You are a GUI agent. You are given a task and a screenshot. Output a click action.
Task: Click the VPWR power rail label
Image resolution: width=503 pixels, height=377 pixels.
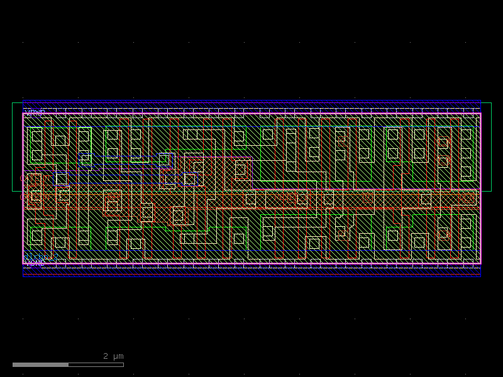tap(35, 112)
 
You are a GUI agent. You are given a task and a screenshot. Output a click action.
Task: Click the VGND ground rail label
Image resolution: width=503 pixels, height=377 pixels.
tap(35, 263)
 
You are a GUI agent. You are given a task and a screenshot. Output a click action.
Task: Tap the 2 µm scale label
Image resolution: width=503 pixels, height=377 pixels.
tap(113, 356)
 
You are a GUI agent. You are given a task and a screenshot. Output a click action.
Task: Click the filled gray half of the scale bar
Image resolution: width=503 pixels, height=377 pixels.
tap(40, 364)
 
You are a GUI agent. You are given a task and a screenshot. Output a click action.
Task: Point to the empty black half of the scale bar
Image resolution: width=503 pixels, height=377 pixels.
tap(96, 364)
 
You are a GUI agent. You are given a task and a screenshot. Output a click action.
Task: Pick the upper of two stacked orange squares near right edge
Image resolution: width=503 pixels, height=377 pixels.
tap(443, 143)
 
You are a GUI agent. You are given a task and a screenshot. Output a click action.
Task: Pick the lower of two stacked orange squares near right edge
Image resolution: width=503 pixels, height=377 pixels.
tap(443, 161)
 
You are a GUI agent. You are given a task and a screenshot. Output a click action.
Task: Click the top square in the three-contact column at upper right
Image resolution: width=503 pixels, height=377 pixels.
tap(466, 134)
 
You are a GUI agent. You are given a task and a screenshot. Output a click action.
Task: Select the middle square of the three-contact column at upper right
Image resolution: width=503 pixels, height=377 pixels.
tap(466, 153)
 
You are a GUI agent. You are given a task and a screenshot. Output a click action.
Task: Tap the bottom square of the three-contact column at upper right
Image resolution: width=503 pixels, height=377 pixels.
tap(466, 171)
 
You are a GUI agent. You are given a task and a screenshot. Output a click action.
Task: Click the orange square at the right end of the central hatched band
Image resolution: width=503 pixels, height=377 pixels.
tap(466, 198)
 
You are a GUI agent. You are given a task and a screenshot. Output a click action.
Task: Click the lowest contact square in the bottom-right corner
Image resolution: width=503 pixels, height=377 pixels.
tap(466, 242)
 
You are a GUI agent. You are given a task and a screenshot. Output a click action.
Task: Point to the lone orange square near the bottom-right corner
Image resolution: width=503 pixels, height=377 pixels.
tap(443, 232)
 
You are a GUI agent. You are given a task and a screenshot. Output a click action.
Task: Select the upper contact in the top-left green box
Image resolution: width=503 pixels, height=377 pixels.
tap(36, 136)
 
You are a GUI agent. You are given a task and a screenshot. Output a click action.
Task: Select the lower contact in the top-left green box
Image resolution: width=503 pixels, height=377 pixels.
tap(36, 155)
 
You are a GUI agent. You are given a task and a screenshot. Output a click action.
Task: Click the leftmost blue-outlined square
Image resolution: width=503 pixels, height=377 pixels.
tap(61, 178)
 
